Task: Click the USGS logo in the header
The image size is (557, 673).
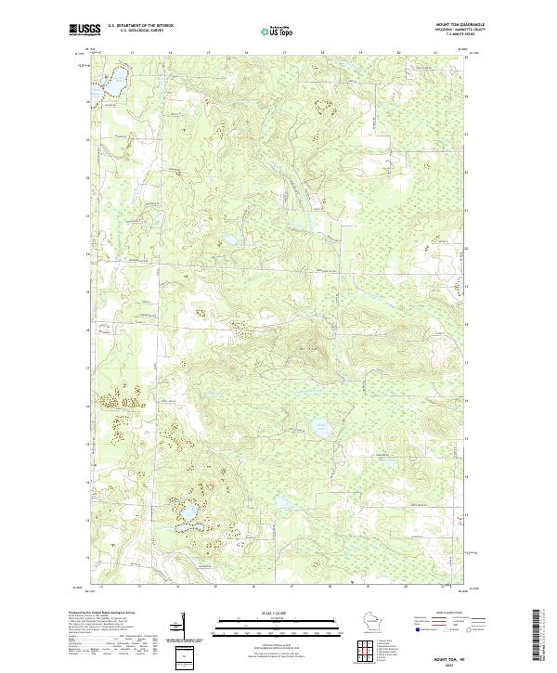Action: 84,30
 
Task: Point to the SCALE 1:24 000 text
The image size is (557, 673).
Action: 254,612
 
